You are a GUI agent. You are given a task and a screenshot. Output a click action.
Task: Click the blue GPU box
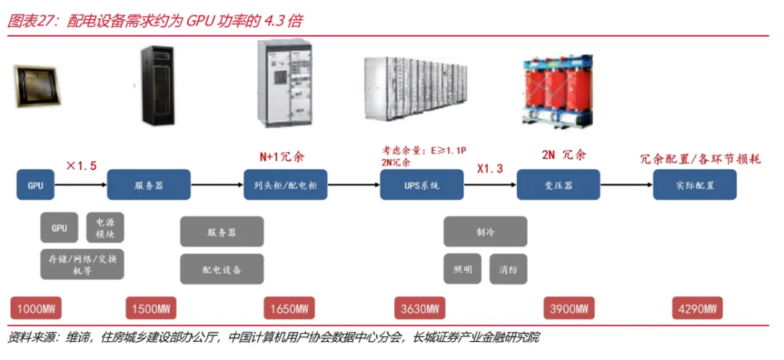click(36, 185)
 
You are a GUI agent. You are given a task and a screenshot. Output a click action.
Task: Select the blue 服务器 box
click(149, 185)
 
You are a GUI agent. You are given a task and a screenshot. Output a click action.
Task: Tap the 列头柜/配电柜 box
click(286, 185)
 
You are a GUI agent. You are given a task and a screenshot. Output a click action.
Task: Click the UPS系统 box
click(421, 185)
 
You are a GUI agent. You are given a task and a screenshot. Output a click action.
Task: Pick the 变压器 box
click(558, 185)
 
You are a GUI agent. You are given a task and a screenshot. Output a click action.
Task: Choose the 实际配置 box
click(695, 185)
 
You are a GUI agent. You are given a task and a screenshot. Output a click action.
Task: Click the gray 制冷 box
click(485, 232)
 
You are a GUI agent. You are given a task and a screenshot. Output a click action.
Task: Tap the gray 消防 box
click(508, 269)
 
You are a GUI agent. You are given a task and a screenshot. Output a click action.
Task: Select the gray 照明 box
click(462, 269)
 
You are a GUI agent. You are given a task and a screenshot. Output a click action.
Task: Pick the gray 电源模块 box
click(105, 228)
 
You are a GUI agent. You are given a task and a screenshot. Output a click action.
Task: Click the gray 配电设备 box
click(221, 269)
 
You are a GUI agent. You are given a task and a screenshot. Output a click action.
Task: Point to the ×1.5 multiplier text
click(81, 166)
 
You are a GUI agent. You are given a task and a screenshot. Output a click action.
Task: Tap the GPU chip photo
click(36, 86)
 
